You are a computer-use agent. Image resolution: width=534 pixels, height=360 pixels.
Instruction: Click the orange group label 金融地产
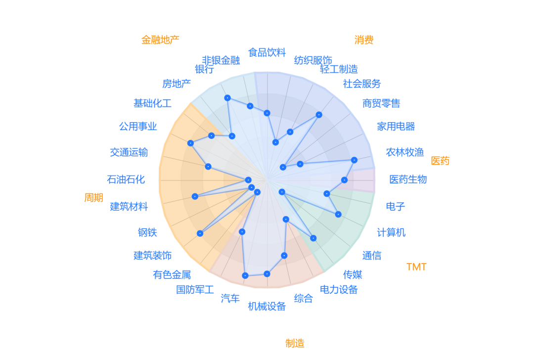[160, 40]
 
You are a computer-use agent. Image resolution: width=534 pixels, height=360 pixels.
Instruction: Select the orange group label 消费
[364, 40]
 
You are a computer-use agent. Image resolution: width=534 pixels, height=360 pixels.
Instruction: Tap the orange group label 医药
[440, 161]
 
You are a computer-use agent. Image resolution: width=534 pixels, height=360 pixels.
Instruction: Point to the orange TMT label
[416, 267]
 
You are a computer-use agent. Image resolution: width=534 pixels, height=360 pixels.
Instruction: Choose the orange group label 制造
[295, 343]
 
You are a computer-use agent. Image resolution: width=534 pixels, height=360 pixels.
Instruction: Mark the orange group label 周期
[93, 198]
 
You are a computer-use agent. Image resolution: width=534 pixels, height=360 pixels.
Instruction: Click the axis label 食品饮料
[267, 52]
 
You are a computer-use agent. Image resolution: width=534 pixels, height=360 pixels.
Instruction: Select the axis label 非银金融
[221, 60]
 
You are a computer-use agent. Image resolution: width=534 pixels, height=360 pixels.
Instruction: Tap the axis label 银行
[204, 69]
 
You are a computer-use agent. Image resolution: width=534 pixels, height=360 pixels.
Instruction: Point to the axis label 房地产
[177, 84]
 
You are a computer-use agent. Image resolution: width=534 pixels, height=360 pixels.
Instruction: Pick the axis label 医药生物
[408, 179]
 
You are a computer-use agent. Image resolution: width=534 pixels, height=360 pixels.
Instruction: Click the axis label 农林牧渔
[405, 152]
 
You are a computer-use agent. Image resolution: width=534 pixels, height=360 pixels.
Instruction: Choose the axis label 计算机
[391, 232]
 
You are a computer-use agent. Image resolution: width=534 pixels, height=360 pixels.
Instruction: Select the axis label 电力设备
[339, 290]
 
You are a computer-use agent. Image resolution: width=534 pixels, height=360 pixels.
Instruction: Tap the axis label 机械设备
[267, 307]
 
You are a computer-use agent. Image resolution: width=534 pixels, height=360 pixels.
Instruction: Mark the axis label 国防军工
[195, 290]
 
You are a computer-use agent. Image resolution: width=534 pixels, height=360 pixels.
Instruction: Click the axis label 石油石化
[126, 179]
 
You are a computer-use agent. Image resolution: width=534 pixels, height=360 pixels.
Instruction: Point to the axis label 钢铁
[147, 232]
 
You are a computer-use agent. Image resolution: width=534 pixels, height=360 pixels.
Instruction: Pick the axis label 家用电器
[396, 127]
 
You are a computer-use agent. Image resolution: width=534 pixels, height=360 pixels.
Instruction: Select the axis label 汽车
[230, 299]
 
